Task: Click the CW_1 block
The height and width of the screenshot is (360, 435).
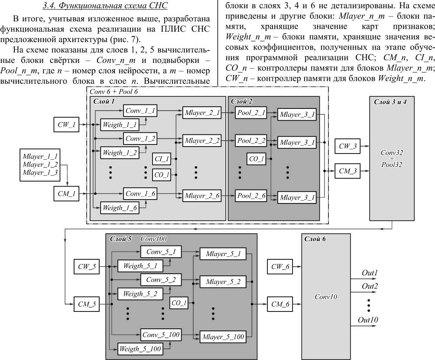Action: (66, 125)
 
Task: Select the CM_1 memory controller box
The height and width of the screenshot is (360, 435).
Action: (66, 193)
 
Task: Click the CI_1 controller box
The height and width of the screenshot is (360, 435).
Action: (162, 159)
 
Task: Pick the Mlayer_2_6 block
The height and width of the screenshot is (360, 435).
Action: (202, 196)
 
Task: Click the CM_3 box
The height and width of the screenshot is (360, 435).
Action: (347, 171)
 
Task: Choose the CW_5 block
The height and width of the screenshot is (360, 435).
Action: (87, 266)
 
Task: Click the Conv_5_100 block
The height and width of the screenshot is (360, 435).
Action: (161, 334)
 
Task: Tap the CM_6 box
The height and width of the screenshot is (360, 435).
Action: (280, 304)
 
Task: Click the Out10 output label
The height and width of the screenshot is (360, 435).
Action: (368, 320)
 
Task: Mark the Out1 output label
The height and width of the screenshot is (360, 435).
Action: (370, 273)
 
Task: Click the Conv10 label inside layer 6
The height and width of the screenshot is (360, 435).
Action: (325, 298)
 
